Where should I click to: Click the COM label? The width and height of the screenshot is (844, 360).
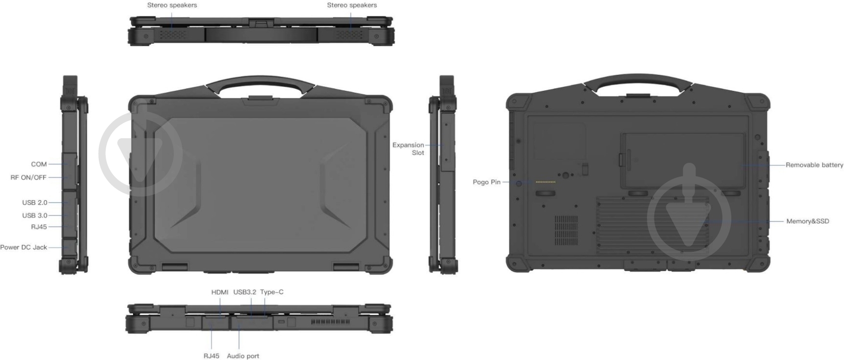click(x=39, y=164)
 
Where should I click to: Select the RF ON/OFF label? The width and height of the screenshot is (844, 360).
click(x=28, y=177)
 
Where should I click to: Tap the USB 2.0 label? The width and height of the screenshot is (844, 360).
click(x=35, y=203)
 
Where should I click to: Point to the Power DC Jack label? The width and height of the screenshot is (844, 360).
click(x=23, y=247)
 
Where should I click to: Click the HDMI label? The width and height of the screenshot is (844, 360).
click(x=220, y=292)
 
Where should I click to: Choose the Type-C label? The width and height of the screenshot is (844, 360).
click(x=272, y=292)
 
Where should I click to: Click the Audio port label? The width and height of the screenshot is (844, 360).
click(x=243, y=356)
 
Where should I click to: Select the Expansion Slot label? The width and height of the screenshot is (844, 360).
click(x=408, y=149)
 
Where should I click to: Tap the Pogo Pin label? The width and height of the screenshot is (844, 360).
click(x=487, y=182)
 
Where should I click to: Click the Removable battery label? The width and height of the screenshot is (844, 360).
click(x=814, y=165)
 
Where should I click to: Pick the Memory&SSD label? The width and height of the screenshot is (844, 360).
click(x=808, y=221)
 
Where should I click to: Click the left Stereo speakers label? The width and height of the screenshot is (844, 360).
click(x=172, y=5)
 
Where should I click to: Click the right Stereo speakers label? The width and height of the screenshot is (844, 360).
click(x=352, y=5)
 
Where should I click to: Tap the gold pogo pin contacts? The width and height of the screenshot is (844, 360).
click(x=546, y=182)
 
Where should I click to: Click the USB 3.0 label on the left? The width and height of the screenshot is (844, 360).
click(x=35, y=216)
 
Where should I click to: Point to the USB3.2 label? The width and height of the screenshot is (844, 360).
click(x=245, y=292)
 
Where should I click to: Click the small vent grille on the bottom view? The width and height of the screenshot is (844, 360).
click(x=566, y=230)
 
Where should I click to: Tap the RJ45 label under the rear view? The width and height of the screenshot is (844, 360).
click(x=211, y=356)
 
